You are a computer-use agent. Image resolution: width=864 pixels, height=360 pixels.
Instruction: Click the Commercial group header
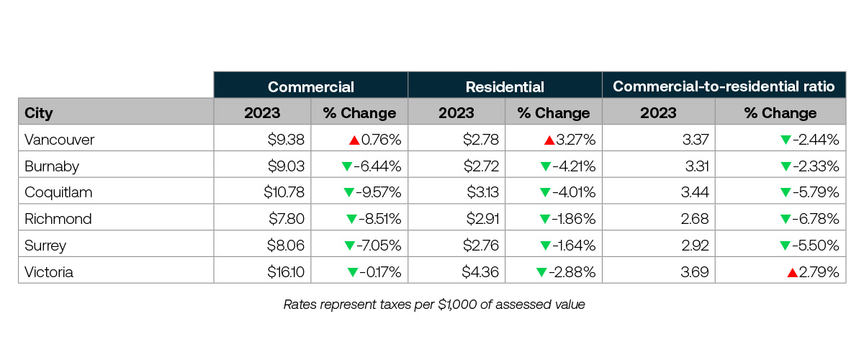coord(310,87)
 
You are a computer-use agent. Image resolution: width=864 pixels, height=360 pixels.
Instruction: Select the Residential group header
coord(505,87)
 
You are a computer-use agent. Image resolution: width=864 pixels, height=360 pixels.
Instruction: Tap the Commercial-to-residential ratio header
coord(723,87)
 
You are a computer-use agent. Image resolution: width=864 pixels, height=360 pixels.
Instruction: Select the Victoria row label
coord(48,272)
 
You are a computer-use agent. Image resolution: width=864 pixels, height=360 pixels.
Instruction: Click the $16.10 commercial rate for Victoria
coord(287,272)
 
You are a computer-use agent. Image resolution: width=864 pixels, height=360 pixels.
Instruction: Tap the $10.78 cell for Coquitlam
coord(284,192)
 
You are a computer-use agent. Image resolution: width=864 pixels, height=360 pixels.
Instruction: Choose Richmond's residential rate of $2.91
coord(480,219)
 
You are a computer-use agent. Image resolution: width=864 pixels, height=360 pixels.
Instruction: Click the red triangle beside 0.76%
coord(355,140)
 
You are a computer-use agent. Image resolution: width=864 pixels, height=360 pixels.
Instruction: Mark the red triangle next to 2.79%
coord(792,272)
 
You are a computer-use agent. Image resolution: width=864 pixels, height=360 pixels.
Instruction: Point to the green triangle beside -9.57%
coord(349,192)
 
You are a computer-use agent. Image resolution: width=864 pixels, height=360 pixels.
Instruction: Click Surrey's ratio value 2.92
coord(696,246)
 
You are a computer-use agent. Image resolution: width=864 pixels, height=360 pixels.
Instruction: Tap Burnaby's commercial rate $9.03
coord(287,166)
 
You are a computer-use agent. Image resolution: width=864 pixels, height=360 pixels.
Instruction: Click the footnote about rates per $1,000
coord(433,305)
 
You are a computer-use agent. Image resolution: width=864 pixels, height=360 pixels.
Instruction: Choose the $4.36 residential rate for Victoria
coord(480,272)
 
